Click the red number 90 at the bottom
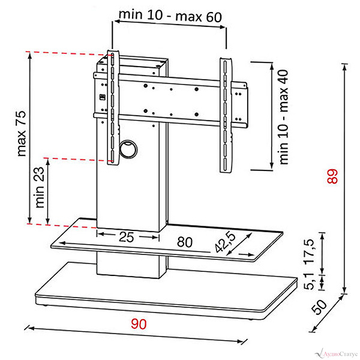(139, 324)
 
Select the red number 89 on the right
(332, 176)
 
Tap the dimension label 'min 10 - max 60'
(170, 16)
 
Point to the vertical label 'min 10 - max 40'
(284, 117)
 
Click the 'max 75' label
(22, 133)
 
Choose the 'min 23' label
(40, 187)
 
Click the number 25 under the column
(126, 237)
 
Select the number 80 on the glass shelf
(185, 242)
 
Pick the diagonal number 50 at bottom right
(319, 307)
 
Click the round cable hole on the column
(128, 149)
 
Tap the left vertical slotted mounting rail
(113, 107)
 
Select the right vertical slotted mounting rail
(226, 115)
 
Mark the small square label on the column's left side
(102, 97)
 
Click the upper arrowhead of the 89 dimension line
(344, 67)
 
